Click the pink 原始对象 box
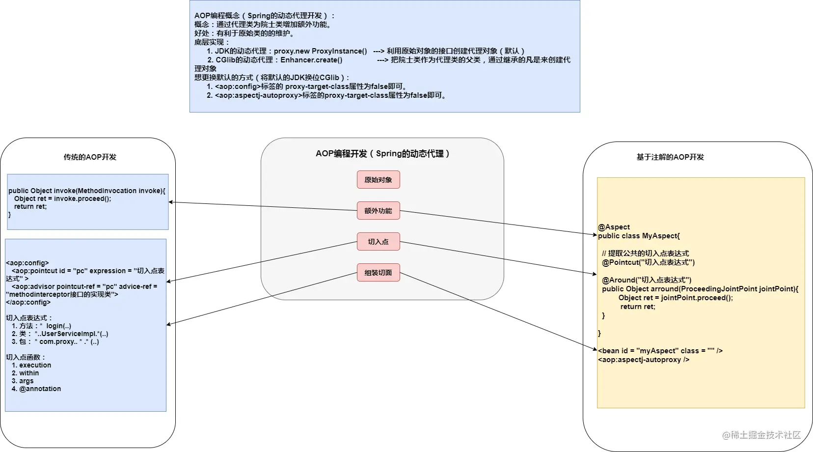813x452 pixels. click(x=378, y=179)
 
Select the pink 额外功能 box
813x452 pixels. click(x=378, y=210)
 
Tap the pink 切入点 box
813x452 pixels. click(x=378, y=241)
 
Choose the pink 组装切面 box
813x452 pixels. click(x=378, y=272)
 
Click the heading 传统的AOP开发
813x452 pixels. click(x=90, y=157)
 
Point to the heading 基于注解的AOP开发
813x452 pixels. click(x=670, y=157)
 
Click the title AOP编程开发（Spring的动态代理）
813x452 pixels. click(x=382, y=154)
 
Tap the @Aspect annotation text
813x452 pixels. click(x=614, y=227)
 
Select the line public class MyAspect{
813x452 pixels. click(x=639, y=236)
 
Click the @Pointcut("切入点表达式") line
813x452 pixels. click(x=648, y=262)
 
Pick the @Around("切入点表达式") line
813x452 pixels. click(x=647, y=280)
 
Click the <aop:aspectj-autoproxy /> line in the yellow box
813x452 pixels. click(x=644, y=360)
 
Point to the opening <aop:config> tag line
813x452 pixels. click(x=27, y=263)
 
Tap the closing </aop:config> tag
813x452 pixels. click(x=28, y=302)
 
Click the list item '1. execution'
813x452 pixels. click(x=31, y=365)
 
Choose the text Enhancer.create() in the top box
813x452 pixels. click(x=311, y=60)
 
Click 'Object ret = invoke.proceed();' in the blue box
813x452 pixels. click(x=62, y=199)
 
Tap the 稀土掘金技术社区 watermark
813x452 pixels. click(x=761, y=435)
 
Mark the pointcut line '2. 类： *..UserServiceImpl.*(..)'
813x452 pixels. click(x=60, y=334)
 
